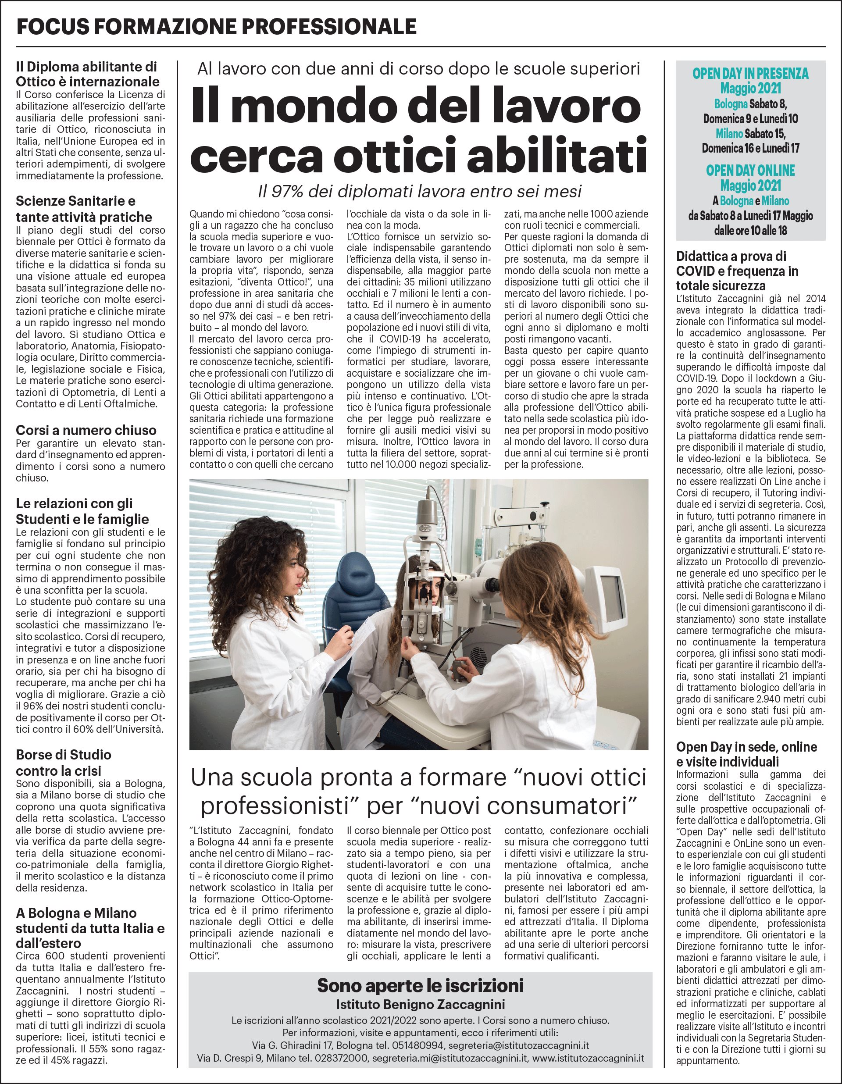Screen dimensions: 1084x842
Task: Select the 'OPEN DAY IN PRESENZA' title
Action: [750, 74]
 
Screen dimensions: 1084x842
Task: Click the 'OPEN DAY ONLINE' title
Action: [750, 170]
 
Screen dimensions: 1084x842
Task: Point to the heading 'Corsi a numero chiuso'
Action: [86, 430]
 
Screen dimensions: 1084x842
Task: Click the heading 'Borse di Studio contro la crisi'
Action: [64, 763]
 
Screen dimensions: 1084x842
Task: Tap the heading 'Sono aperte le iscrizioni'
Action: [420, 985]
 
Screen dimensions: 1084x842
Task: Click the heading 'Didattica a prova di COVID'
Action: [738, 271]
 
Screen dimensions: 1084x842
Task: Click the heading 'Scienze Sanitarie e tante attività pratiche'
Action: [83, 209]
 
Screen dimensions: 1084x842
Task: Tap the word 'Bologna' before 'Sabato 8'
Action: [730, 104]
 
